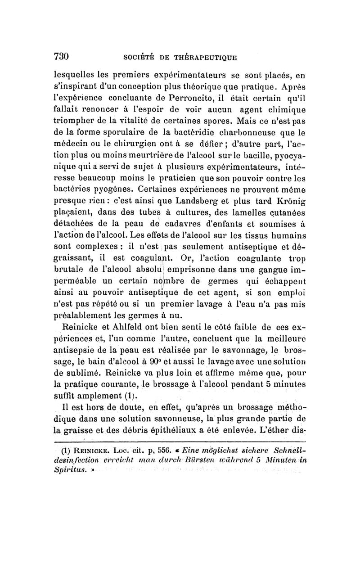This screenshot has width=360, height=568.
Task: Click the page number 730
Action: point(61,56)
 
